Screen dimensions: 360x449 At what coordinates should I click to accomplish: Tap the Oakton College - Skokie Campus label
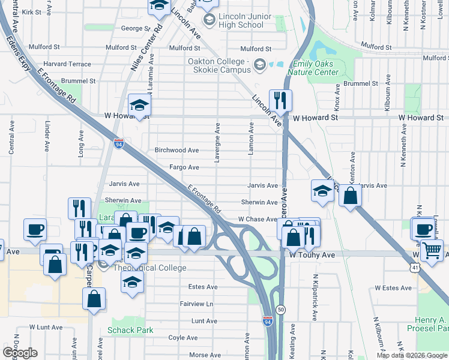point(218,65)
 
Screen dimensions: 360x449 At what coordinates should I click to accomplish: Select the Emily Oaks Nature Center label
point(315,68)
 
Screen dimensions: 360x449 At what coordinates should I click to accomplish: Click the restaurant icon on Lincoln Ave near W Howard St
point(280,100)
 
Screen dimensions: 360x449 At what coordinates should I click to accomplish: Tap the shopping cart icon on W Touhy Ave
point(432,250)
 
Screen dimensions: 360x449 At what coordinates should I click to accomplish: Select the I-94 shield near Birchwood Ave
point(118,143)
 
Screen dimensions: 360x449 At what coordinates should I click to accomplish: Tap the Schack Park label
point(130,330)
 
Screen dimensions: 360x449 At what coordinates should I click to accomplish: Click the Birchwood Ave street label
point(176,151)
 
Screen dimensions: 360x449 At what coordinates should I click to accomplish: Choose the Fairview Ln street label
point(196,304)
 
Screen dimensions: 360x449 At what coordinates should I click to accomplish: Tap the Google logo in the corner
point(20,353)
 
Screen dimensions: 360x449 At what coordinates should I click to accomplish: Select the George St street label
point(131,28)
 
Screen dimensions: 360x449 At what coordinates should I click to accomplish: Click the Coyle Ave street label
point(183,338)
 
